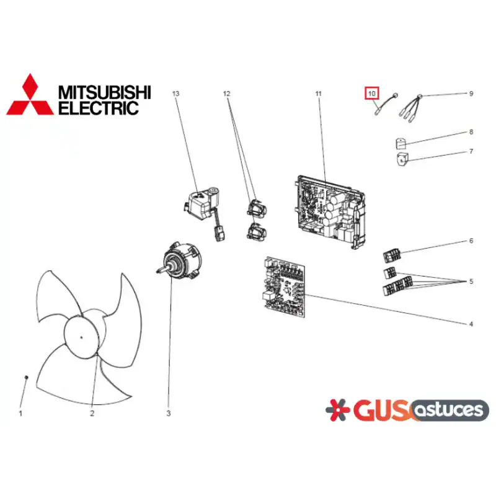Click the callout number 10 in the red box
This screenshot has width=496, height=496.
click(x=371, y=94)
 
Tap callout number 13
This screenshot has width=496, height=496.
click(x=176, y=94)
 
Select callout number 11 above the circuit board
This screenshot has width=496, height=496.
click(x=318, y=94)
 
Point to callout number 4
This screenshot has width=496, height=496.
click(x=471, y=324)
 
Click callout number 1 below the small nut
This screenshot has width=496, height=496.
click(x=20, y=414)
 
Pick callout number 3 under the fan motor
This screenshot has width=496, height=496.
click(x=168, y=414)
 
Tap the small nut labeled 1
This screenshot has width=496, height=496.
click(x=26, y=377)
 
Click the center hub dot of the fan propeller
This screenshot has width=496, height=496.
click(x=81, y=337)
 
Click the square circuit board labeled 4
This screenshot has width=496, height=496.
click(x=285, y=287)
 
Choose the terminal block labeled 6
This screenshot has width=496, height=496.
click(x=392, y=255)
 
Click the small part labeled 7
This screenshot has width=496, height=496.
click(x=402, y=159)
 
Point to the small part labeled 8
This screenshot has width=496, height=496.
click(x=401, y=143)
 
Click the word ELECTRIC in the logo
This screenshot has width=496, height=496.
click(x=99, y=108)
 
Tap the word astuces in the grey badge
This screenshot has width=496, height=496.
click(x=449, y=410)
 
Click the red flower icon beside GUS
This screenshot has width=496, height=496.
click(x=337, y=410)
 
